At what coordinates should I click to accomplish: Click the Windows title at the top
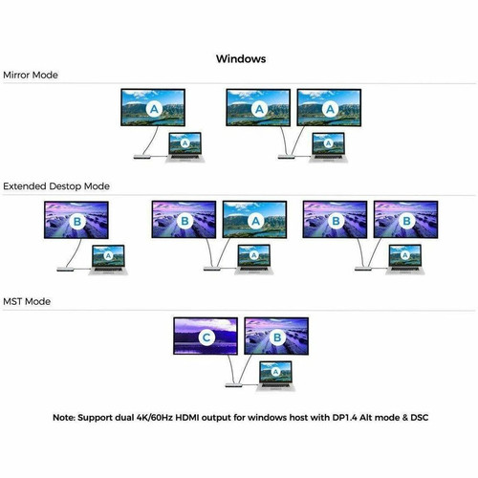click(x=241, y=59)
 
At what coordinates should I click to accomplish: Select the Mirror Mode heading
click(x=31, y=76)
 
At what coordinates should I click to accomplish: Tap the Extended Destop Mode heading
click(x=56, y=186)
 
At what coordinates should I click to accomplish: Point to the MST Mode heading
click(x=27, y=301)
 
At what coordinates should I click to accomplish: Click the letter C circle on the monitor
click(x=206, y=337)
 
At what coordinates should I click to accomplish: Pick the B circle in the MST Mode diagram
click(x=277, y=337)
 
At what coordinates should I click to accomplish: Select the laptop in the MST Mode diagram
click(x=275, y=376)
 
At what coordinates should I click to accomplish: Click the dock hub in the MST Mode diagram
click(x=234, y=385)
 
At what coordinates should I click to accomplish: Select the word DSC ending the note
click(x=419, y=418)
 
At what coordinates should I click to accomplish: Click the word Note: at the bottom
click(x=64, y=418)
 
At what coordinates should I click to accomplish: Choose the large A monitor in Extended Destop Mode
click(x=254, y=220)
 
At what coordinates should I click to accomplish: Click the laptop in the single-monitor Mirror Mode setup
click(x=185, y=147)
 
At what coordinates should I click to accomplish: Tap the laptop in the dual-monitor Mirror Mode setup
click(x=328, y=147)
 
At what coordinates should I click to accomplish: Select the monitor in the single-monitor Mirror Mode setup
click(x=153, y=107)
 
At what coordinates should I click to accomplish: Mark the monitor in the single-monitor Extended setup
click(x=76, y=220)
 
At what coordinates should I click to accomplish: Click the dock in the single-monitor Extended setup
click(x=66, y=270)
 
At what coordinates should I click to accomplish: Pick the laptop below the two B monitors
click(x=405, y=259)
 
